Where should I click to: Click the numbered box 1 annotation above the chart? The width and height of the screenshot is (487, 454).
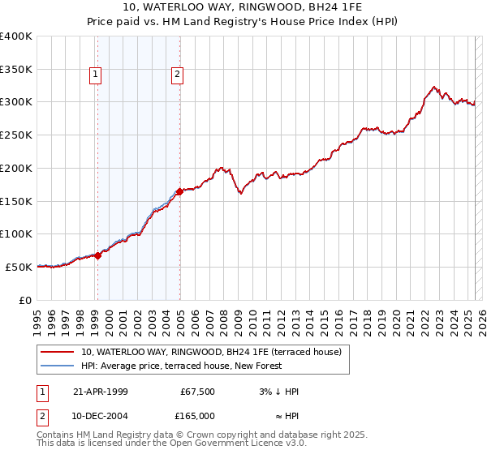96,75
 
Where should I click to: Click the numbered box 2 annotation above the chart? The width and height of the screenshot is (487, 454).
177,75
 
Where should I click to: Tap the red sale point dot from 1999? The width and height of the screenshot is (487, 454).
97,255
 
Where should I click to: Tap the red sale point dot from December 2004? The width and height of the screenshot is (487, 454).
179,191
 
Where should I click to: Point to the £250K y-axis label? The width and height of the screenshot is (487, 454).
17,135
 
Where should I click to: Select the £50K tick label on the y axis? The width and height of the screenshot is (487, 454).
20,267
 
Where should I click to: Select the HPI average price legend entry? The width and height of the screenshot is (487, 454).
180,366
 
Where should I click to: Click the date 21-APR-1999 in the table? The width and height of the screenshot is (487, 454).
101,392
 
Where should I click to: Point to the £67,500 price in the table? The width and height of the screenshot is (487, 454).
197,392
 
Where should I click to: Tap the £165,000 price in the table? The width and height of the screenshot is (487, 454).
196,416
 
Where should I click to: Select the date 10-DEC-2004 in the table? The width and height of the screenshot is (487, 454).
101,416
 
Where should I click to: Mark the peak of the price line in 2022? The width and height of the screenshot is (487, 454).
434,86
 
